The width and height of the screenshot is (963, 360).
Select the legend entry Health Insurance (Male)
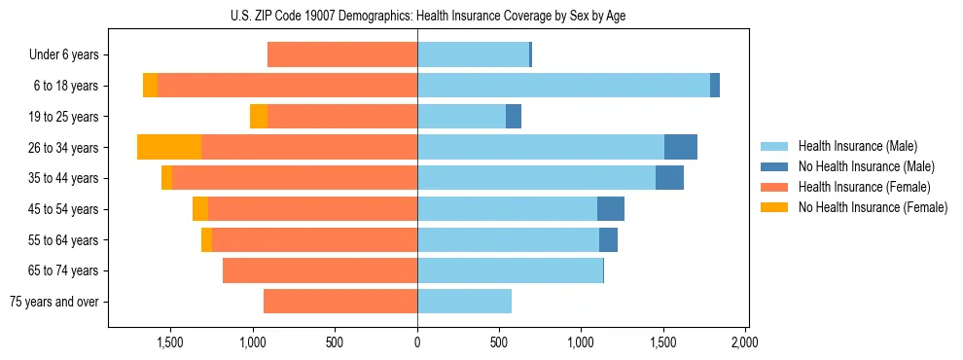pos(857,146)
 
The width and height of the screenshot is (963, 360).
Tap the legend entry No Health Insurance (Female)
pos(872,207)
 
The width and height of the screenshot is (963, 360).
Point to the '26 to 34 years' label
pos(64,148)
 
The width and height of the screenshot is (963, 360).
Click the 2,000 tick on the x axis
pos(745,342)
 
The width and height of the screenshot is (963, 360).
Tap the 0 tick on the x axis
pos(417,342)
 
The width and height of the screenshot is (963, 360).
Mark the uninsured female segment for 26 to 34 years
pos(169,147)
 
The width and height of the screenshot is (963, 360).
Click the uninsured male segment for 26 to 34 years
pos(681,147)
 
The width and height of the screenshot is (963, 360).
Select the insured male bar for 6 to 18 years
pos(563,85)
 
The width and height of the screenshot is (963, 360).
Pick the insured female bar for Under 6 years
pos(342,54)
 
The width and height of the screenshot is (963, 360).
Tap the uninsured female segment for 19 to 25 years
pos(259,116)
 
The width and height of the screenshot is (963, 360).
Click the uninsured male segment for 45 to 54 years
pos(611,208)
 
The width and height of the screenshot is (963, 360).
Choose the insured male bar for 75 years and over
pos(464,302)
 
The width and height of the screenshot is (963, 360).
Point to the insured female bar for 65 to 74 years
pos(320,270)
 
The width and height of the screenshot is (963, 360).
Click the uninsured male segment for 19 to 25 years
pos(514,116)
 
